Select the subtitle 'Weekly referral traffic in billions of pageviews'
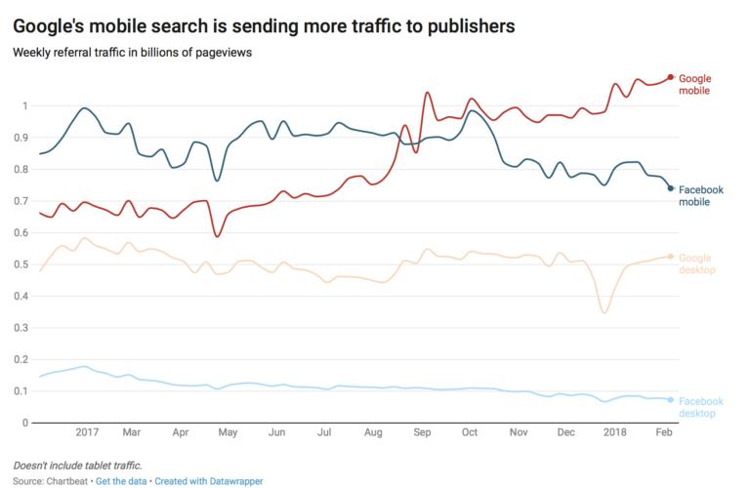point(132,52)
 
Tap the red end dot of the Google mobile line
point(671,77)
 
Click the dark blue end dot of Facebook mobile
point(671,188)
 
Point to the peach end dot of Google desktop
point(671,257)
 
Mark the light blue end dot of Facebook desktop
point(671,399)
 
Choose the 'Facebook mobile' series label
point(700,195)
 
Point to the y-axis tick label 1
point(25,105)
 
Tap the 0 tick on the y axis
point(25,423)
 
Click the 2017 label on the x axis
point(87,431)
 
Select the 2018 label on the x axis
point(615,431)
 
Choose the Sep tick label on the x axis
point(423,431)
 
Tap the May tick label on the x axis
point(228,431)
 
